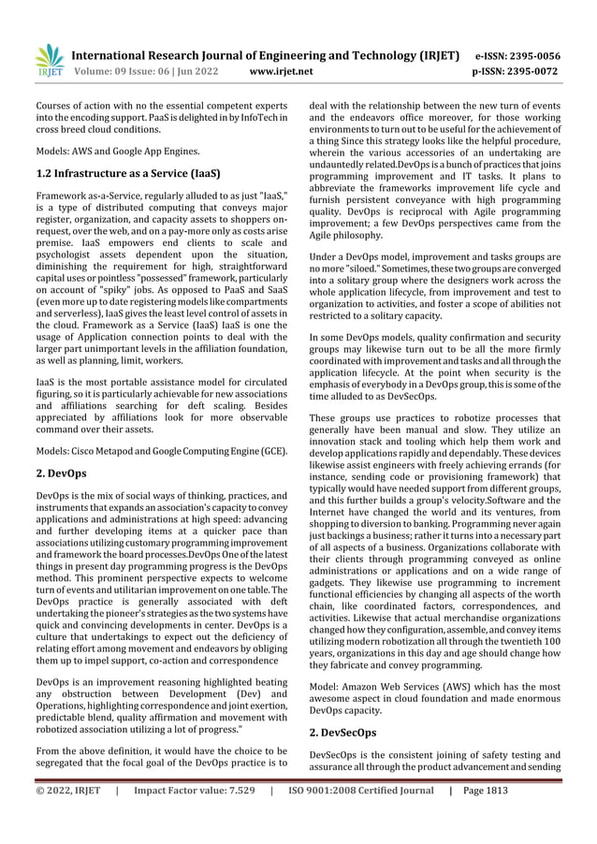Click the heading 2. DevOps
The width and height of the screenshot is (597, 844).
(61, 473)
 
